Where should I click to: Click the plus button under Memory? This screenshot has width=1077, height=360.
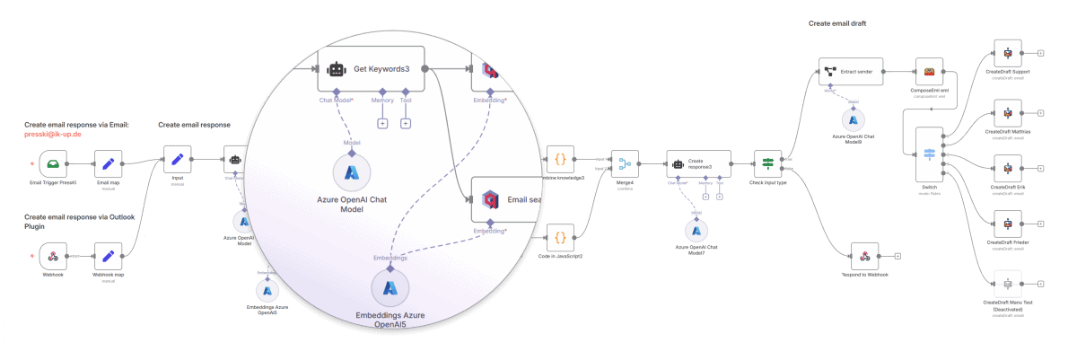382,123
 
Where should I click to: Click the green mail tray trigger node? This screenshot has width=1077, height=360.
53,163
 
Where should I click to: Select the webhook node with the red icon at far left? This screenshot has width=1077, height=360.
53,257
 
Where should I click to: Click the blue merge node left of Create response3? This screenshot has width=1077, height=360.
625,162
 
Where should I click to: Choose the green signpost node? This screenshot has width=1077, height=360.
768,162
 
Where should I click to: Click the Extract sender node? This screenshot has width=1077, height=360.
852,72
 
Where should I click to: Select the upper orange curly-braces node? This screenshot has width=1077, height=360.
560,159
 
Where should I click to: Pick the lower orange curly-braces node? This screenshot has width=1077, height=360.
560,238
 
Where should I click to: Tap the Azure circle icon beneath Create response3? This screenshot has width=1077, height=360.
696,231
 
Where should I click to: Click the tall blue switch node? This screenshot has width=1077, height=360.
930,154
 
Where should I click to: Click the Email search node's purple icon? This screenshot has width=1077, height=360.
490,199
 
